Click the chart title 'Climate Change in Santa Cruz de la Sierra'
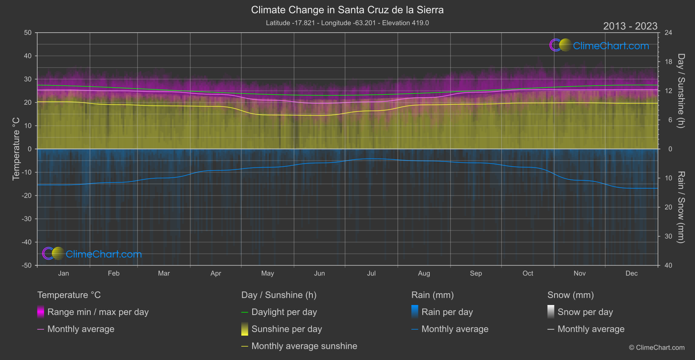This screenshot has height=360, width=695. point(347,10)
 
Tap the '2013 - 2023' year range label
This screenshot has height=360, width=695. point(630,26)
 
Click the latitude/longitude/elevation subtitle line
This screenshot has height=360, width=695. point(347,23)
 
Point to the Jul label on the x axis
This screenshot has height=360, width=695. point(371,273)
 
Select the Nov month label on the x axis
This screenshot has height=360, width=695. point(579,273)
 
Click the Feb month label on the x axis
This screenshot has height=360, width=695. point(113,273)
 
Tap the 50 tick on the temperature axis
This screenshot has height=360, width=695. point(28,33)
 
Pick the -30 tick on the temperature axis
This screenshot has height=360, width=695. point(27,219)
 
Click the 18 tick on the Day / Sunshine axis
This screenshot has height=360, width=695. point(668,62)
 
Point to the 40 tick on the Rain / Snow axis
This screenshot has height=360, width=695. point(668,265)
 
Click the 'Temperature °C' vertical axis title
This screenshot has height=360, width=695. point(16,148)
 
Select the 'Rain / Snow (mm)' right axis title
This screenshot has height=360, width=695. point(681,207)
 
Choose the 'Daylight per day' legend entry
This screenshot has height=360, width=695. point(284,312)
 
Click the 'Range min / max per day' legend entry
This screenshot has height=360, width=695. point(98,312)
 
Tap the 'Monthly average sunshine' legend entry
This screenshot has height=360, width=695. point(304,346)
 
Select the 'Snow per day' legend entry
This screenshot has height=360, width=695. point(585,312)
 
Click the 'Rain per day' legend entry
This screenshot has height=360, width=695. point(447,312)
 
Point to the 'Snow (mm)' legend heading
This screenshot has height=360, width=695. point(570,295)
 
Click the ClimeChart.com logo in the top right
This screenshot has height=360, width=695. point(599,45)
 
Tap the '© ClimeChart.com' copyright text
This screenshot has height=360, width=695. point(657,347)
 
